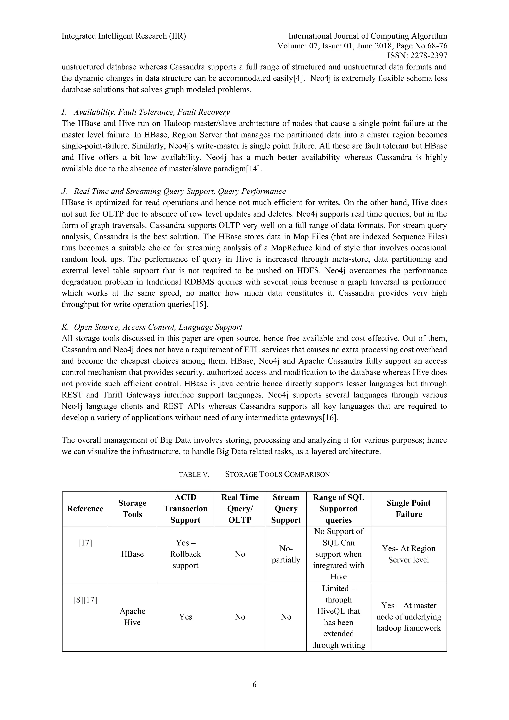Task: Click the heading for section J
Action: click(x=174, y=191)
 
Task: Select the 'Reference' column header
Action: click(x=85, y=509)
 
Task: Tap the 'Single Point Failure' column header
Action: click(x=408, y=509)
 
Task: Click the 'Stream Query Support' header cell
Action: click(x=286, y=509)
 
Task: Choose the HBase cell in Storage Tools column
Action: click(x=132, y=554)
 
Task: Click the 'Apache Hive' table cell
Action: click(x=132, y=617)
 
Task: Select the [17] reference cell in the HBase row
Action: click(x=85, y=543)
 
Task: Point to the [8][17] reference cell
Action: click(x=85, y=600)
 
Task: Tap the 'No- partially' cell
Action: click(x=286, y=554)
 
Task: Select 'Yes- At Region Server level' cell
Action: click(x=408, y=554)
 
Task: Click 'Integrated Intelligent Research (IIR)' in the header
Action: click(x=124, y=36)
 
